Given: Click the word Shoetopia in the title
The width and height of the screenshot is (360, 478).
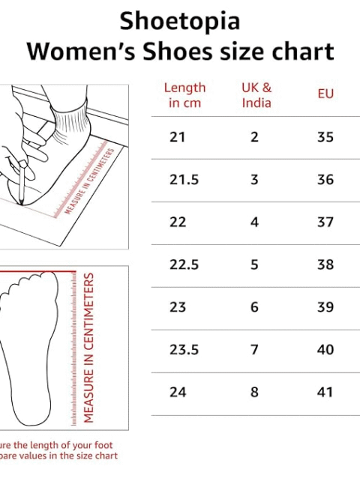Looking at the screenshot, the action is coord(180,21).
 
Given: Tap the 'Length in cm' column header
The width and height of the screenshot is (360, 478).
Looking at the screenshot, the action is coord(184,95).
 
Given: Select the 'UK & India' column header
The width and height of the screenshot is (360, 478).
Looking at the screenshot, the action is coord(256,95).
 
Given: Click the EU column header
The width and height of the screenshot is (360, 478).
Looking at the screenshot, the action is coord(325,94).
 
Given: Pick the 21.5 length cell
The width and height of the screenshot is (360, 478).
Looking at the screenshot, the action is coord(184,180).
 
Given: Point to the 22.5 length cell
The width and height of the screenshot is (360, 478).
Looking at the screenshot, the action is coord(184,264).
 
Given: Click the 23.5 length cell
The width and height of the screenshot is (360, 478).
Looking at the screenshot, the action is coord(184,350).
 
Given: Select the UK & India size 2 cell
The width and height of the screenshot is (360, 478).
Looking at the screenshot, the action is coord(254,137).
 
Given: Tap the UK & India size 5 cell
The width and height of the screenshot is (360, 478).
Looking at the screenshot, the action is coord(254,264).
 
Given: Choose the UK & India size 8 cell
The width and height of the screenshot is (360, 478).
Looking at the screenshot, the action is coord(254,392).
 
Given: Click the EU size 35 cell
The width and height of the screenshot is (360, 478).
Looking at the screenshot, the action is coord(325,137).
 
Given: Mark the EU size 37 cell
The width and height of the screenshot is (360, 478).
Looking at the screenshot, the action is coord(325,222).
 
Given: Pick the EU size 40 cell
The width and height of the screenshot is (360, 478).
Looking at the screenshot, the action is coord(325,350).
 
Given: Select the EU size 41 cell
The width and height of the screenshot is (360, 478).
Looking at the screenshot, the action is coord(325,392).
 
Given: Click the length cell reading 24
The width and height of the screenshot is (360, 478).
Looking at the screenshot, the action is coord(178,392).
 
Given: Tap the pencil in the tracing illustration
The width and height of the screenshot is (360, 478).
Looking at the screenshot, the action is coord(22,183).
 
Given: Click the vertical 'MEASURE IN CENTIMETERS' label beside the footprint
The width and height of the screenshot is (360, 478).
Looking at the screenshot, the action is coord(88,348).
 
